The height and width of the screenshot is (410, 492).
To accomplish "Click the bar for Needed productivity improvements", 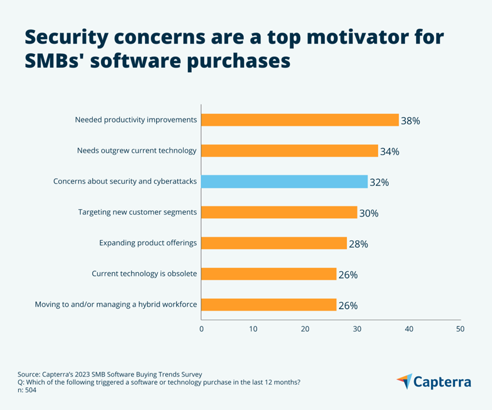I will [300, 120].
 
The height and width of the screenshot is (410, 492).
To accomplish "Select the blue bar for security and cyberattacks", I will [285, 182].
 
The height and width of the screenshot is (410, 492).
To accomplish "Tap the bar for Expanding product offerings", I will [274, 243].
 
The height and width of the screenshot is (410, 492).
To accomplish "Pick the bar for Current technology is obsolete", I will [269, 274].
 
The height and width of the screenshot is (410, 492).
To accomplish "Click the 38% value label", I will [410, 121].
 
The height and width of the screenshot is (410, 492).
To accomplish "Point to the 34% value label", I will [389, 151].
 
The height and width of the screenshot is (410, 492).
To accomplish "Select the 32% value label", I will [379, 182].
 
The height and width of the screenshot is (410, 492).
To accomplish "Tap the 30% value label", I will [368, 213].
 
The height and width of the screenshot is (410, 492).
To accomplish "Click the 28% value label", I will [358, 244].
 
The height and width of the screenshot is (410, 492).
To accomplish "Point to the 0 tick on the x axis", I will [201, 329].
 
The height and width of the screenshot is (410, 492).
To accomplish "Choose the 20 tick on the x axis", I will [305, 329].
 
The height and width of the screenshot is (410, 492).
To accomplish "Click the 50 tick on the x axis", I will [460, 329].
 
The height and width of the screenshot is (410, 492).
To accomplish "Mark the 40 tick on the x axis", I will [409, 329].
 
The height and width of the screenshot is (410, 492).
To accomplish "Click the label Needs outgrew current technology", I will [137, 151].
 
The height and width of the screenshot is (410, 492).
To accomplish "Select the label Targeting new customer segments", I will [137, 212].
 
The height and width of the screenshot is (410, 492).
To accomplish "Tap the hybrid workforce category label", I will [116, 304].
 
